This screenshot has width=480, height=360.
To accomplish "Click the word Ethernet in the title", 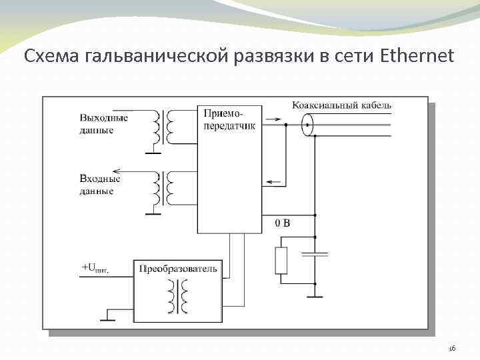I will [417, 56].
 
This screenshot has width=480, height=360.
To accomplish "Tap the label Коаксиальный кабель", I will [341, 105].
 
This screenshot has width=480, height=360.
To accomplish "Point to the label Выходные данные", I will [103, 124].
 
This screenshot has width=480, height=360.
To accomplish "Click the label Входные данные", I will [99, 185].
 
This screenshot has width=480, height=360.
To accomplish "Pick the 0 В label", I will [283, 223].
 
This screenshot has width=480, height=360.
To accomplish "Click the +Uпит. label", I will [94, 269].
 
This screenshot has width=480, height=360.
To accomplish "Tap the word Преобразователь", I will [178, 269].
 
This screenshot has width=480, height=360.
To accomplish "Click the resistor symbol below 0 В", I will [281, 261].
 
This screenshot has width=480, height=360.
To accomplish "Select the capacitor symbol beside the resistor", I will [315, 254].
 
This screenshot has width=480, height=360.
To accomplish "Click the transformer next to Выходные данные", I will [163, 127].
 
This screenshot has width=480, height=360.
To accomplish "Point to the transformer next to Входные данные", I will [163, 188].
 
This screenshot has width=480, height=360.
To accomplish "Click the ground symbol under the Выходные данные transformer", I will [153, 153].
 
